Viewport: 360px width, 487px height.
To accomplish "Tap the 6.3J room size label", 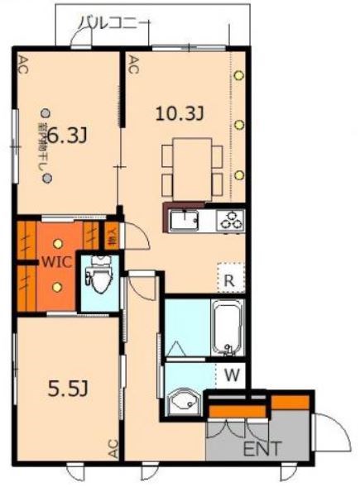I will tap(68, 135).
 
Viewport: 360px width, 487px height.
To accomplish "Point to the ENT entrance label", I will tap(262, 449).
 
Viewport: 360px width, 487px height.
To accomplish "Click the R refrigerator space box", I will tap(228, 279).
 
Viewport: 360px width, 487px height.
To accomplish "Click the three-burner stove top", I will tap(229, 221).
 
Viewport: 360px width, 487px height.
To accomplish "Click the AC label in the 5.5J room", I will tap(113, 448).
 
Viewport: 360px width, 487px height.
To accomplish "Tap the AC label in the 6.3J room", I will tap(22, 67).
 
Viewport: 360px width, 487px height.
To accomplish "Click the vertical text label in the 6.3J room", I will tap(41, 149).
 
